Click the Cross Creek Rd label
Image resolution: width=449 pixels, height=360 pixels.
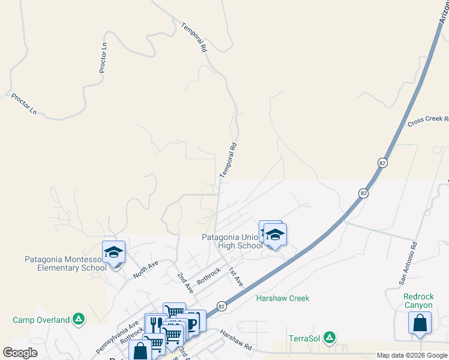pos(427,120)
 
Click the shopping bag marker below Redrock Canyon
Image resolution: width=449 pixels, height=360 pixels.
pos(420,322)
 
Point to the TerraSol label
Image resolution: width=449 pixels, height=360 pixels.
pos(304,338)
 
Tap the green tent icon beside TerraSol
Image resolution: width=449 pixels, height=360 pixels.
pos(329,338)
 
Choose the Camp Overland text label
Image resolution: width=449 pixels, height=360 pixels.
pos(41,320)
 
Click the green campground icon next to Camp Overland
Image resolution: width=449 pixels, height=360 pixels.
pos(79,319)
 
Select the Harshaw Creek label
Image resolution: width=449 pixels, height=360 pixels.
pos(283,298)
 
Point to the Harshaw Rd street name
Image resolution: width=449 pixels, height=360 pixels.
pos(235,340)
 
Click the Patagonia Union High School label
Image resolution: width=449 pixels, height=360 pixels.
pos(232,241)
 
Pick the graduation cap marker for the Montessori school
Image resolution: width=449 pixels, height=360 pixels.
pos(113,252)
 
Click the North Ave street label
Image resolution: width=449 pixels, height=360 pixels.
pos(145,269)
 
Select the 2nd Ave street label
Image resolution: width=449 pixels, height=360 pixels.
pos(185,283)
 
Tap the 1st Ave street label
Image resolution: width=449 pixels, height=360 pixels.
pos(235,277)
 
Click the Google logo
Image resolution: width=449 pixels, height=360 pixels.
pos(20,353)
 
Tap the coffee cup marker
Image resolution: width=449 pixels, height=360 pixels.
pos(191,322)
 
